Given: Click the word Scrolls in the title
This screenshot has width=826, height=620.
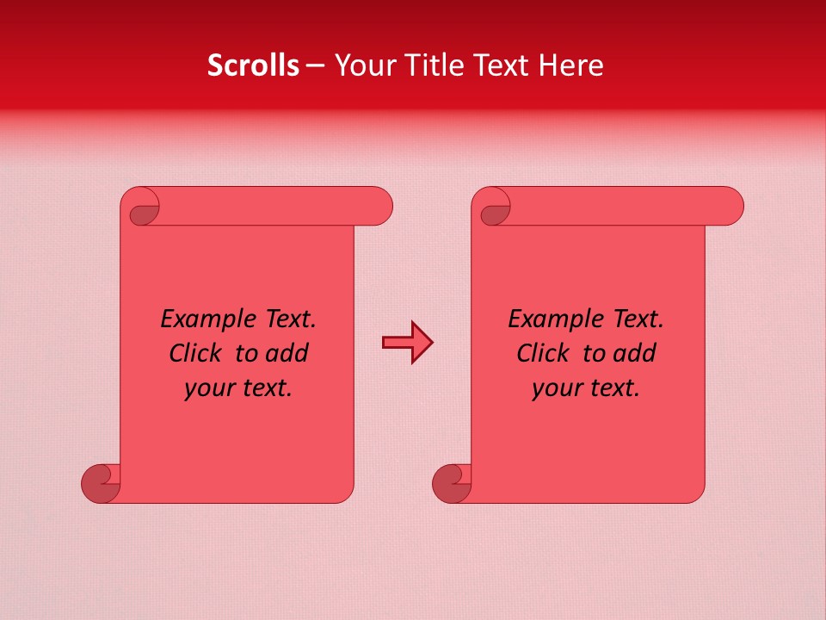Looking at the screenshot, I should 253,65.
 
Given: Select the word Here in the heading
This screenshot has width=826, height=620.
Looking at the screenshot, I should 573,65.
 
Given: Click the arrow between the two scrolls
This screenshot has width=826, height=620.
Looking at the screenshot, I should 407,343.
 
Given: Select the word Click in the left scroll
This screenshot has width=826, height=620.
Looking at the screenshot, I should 199,353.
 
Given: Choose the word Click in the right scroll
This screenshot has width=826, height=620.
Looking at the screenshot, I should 546,353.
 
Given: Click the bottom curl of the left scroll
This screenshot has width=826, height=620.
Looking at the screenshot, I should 100,483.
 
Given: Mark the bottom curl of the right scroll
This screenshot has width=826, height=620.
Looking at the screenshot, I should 451,483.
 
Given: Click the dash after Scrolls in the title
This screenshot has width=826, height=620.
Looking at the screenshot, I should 315,66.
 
